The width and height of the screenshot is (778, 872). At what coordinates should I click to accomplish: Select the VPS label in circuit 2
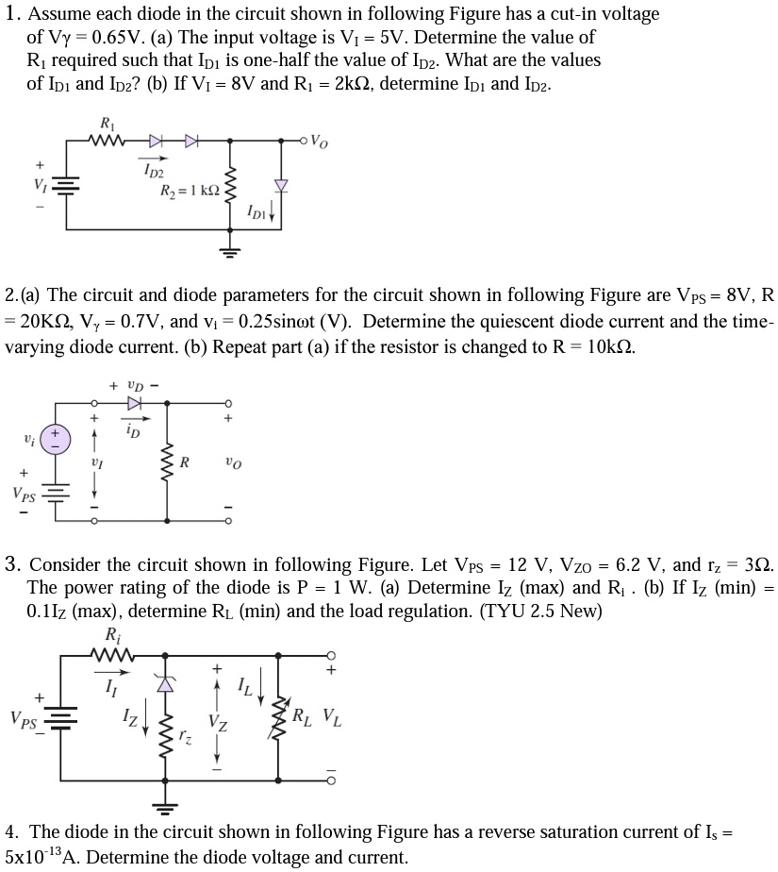(x=25, y=493)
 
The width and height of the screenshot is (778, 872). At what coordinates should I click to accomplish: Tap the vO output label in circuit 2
(x=233, y=462)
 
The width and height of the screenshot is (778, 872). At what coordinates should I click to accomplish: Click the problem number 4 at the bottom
(x=10, y=832)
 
